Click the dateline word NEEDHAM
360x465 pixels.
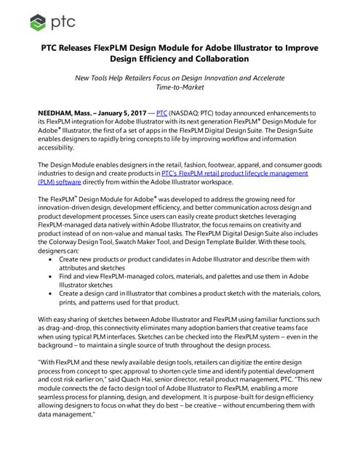(x=57, y=114)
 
